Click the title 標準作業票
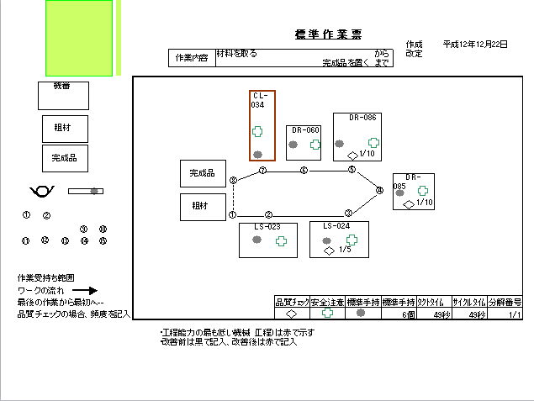[x=329, y=34]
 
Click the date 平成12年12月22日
[x=475, y=44]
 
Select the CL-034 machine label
[x=259, y=100]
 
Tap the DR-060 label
[x=305, y=130]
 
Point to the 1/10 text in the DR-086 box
[x=367, y=154]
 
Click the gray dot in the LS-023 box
[x=257, y=240]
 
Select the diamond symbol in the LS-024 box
[x=329, y=250]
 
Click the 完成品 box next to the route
[x=203, y=173]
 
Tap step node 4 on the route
[x=379, y=191]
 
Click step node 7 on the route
[x=262, y=171]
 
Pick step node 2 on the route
[x=268, y=214]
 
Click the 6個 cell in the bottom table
[x=408, y=314]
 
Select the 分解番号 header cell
[x=505, y=302]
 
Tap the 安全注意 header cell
[x=328, y=302]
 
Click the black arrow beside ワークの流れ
[x=85, y=290]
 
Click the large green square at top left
[x=79, y=39]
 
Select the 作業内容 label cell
[x=191, y=58]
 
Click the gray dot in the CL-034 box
[x=257, y=154]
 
